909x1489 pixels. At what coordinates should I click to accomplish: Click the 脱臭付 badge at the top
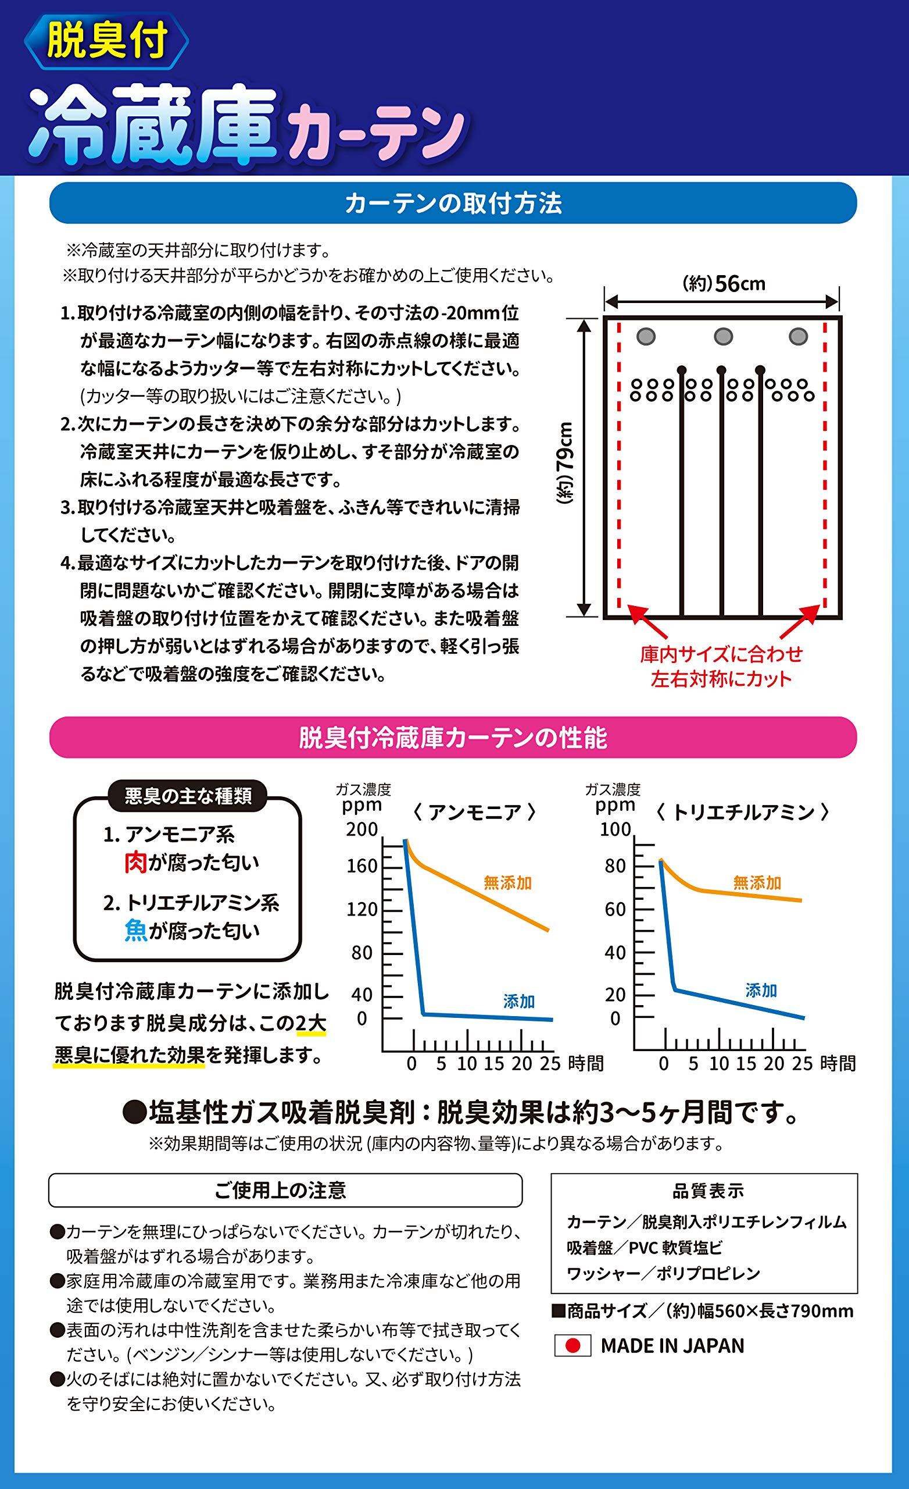[106, 42]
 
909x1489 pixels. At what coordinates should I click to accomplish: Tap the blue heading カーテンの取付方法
[453, 204]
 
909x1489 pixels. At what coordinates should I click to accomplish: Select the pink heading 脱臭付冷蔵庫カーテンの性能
[453, 738]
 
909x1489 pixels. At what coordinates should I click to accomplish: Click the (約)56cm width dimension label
[724, 283]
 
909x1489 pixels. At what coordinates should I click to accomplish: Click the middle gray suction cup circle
[723, 336]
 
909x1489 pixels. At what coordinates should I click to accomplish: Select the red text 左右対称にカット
[721, 679]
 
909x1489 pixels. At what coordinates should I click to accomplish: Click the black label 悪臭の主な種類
[188, 796]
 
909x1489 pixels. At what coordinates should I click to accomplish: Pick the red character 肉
[135, 864]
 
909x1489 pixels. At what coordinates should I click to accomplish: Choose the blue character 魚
[135, 931]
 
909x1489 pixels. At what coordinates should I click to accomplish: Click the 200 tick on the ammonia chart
[362, 829]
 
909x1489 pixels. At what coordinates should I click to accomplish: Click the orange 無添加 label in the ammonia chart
[507, 883]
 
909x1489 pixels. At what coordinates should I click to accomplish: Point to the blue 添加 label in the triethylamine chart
[761, 991]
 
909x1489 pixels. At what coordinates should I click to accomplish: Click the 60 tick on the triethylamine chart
[615, 910]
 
